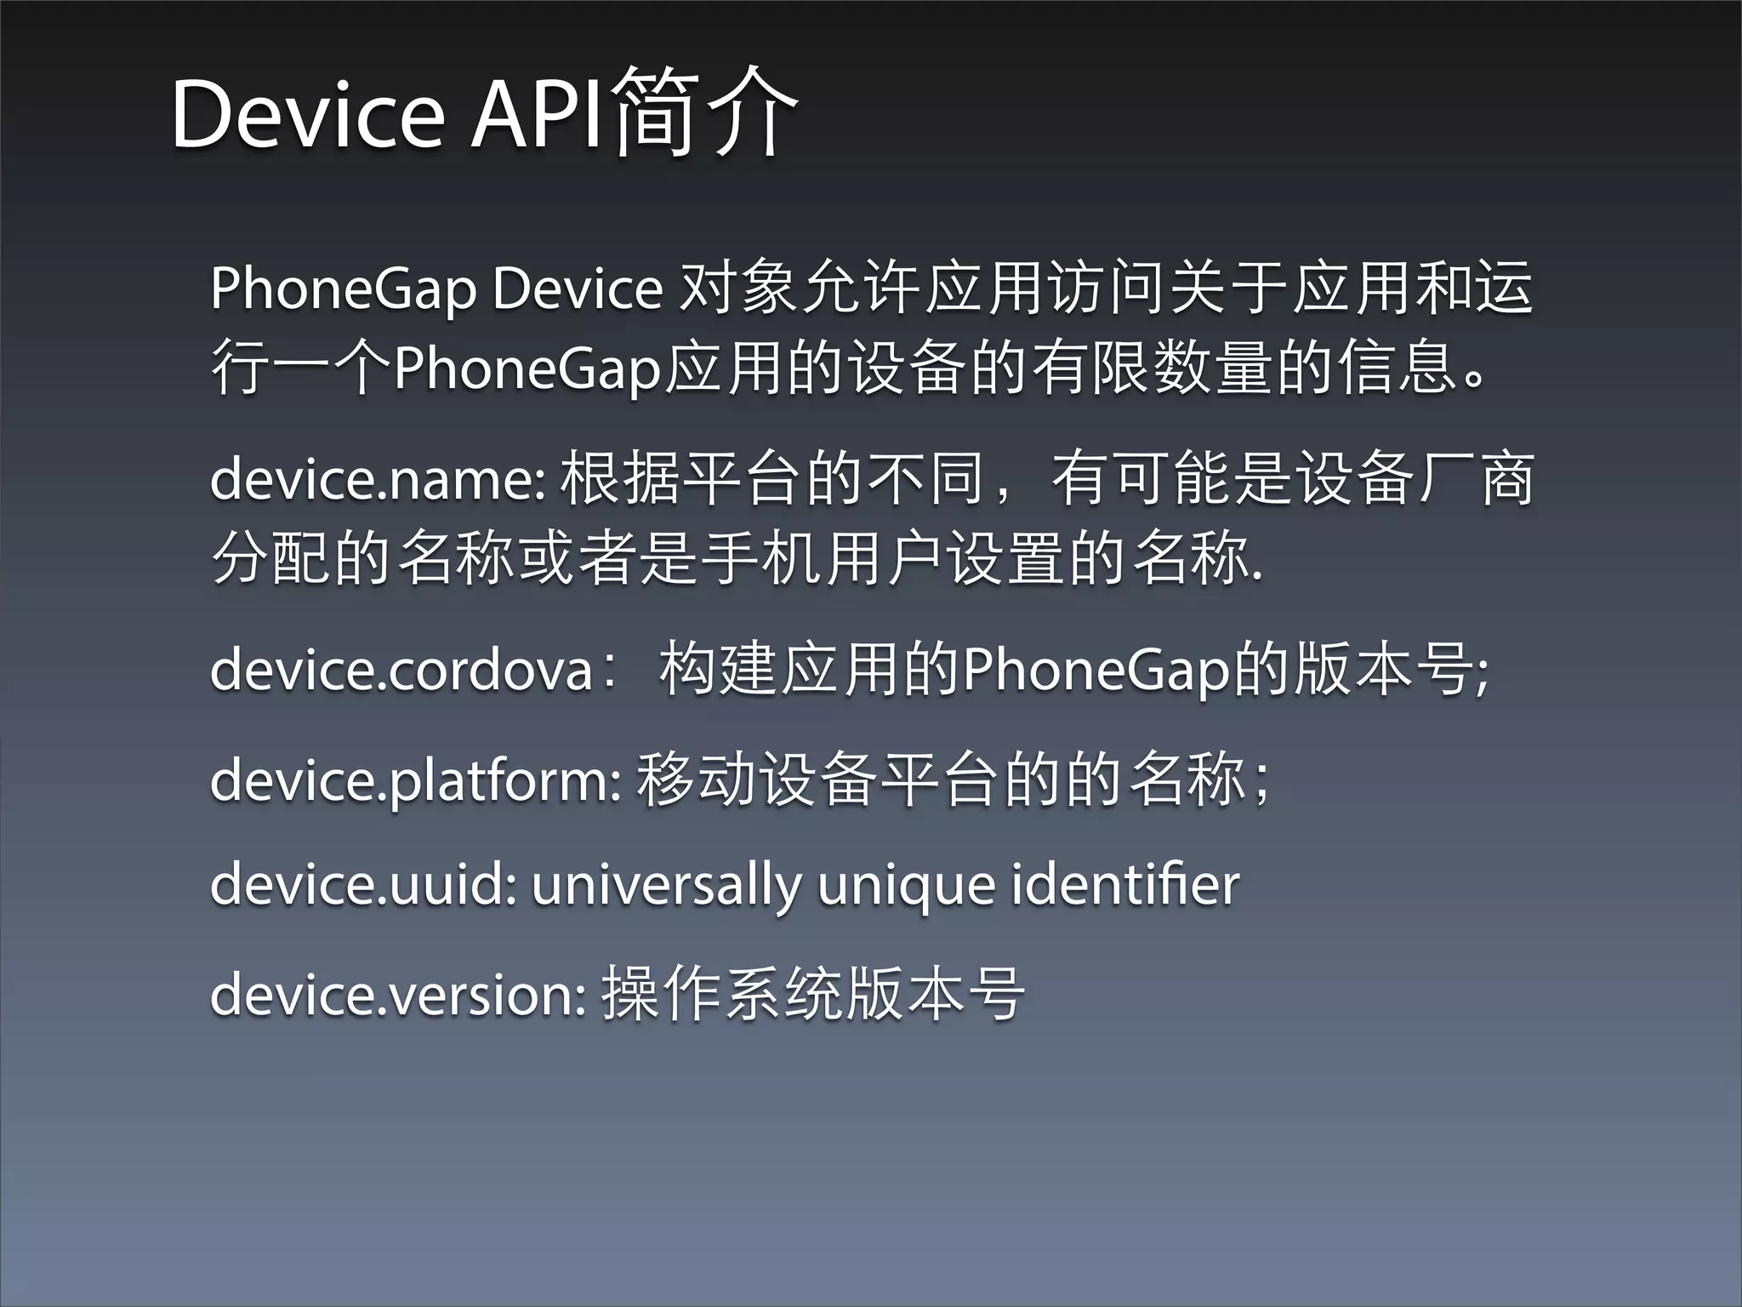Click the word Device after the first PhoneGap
click(x=578, y=288)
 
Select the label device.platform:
click(x=416, y=780)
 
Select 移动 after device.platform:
click(x=696, y=780)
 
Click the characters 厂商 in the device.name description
click(x=1474, y=480)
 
